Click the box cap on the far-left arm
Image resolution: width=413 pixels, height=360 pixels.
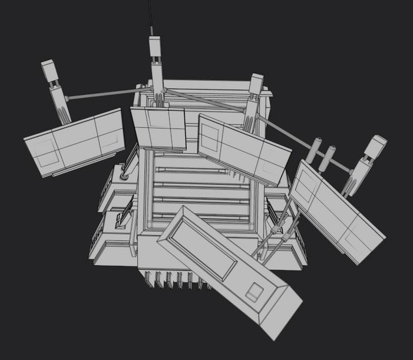pyautogui.click(x=49, y=71)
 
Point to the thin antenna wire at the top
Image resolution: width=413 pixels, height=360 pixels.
pyautogui.click(x=151, y=18)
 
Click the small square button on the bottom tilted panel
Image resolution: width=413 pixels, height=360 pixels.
pyautogui.click(x=255, y=292)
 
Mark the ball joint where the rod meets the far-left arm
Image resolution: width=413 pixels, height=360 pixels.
pyautogui.click(x=67, y=98)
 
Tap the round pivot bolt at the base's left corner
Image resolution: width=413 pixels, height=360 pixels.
pyautogui.click(x=124, y=176)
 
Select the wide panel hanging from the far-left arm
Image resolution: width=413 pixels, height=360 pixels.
pyautogui.click(x=75, y=141)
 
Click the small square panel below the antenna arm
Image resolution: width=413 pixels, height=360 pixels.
pyautogui.click(x=157, y=127)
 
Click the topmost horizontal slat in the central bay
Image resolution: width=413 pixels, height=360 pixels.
pyautogui.click(x=191, y=170)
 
